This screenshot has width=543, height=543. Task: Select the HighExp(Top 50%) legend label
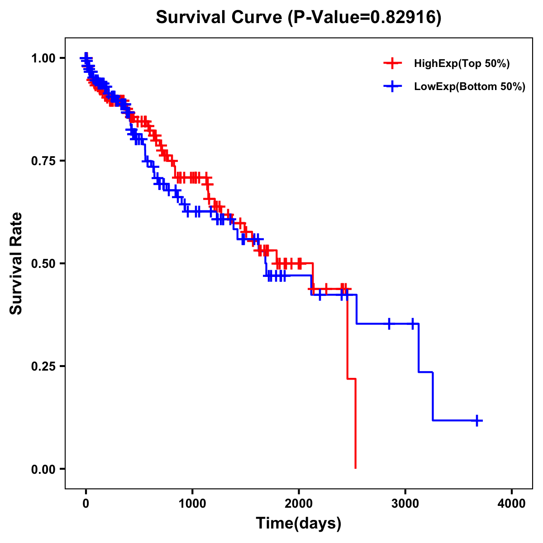462,64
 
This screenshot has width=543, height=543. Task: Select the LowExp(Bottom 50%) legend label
470,86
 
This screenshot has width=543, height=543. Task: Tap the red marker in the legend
392,63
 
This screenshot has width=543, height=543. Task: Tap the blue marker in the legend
392,86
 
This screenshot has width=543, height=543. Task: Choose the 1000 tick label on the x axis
192,504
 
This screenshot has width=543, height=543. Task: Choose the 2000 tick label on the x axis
299,504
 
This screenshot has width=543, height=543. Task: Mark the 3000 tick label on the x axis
405,504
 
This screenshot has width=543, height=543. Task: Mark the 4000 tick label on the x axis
512,504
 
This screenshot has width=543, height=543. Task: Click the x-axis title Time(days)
299,524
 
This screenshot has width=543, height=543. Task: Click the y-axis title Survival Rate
16,263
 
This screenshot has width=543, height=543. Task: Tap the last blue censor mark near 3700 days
476,420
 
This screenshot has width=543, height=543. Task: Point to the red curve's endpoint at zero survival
355,468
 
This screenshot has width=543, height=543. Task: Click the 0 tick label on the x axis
86,504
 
